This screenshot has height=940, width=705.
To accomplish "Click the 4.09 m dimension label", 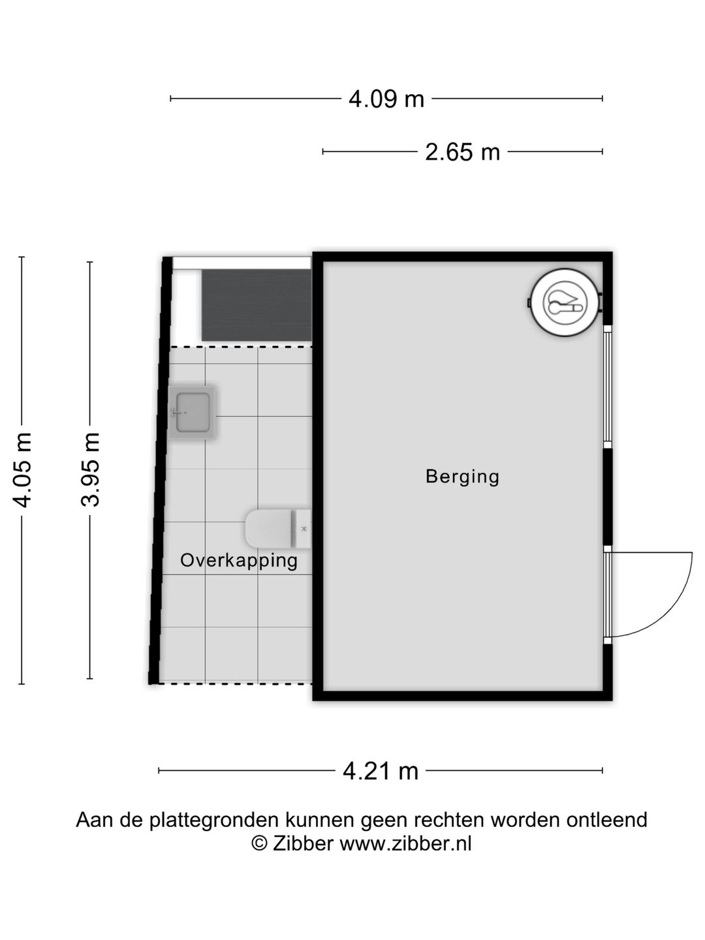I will [x=386, y=99].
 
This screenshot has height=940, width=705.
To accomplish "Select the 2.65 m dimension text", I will [x=462, y=152].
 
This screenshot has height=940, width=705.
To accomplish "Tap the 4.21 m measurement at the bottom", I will [x=380, y=771].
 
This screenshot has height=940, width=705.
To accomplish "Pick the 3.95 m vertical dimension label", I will [x=90, y=469].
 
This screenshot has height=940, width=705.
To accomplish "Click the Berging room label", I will [x=462, y=477].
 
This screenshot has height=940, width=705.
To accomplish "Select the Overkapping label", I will [x=239, y=560].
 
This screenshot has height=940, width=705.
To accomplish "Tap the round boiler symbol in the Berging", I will [x=564, y=303].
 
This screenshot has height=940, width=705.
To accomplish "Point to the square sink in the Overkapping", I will [x=193, y=413].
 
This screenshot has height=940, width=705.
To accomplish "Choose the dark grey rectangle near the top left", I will [x=256, y=305].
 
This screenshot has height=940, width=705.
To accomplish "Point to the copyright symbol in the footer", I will [x=260, y=843].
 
